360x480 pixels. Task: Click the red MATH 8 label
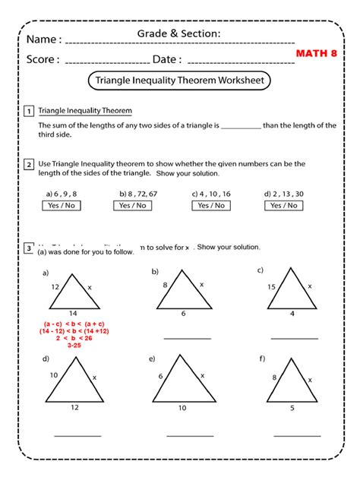pos(317,55)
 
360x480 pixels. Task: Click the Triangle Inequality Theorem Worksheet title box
pos(179,80)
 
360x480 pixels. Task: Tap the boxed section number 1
pos(28,111)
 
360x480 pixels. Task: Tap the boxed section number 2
pos(28,163)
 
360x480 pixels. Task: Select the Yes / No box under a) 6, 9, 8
pos(61,205)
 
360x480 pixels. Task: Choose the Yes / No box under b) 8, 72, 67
pos(134,205)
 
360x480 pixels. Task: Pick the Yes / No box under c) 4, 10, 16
pos(210,205)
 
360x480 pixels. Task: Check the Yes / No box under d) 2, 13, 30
pos(283,205)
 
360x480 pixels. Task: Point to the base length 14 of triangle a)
pos(72,312)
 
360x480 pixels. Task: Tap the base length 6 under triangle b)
pos(182,312)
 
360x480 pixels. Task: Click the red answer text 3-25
pos(74,346)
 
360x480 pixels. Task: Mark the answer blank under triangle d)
pos(77,435)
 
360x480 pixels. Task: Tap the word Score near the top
pos(43,59)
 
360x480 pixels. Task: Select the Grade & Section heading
pos(179,33)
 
